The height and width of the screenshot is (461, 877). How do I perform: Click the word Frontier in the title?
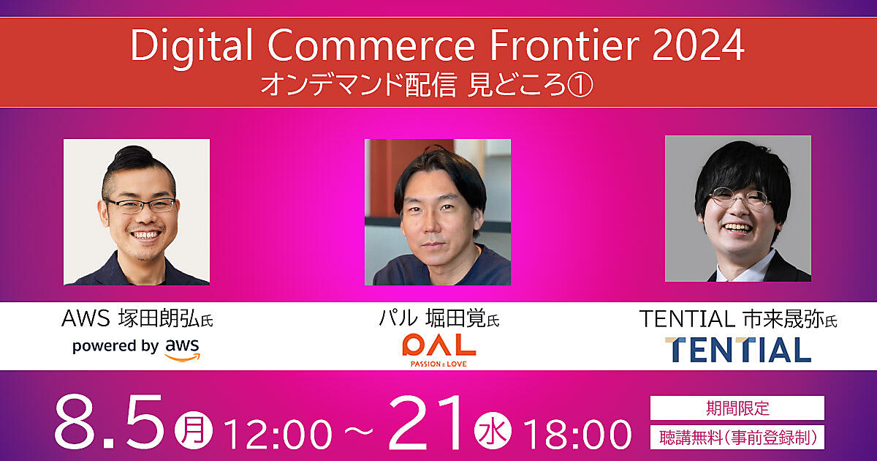tap(564, 45)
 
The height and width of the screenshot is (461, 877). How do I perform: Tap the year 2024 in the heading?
tap(699, 45)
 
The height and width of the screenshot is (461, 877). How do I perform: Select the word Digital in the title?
tap(191, 48)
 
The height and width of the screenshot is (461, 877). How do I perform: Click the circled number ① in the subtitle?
tap(580, 85)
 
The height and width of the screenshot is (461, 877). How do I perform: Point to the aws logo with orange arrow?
tap(183, 349)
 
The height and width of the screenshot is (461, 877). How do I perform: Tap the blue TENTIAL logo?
tap(738, 350)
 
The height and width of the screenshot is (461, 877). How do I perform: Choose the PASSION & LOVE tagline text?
tap(439, 364)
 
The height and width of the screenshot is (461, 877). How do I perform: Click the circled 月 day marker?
tap(194, 431)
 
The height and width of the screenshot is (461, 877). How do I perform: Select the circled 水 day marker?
tap(493, 431)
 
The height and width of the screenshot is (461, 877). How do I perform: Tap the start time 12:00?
tap(278, 435)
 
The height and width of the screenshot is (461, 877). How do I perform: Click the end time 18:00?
tap(577, 435)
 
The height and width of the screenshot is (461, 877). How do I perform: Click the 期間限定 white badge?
tap(737, 408)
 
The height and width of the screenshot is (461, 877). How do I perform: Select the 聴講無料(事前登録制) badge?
tap(737, 438)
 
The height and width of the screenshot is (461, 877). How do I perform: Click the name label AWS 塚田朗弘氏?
tap(137, 319)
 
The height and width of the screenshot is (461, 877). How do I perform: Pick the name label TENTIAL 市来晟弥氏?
tap(738, 319)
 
